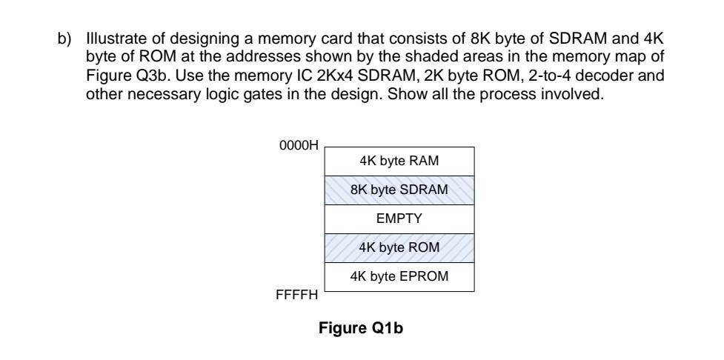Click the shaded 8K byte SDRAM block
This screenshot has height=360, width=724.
point(399,190)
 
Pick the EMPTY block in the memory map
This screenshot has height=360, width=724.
point(399,219)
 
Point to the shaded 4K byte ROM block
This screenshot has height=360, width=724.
point(399,247)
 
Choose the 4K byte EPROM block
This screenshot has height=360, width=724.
point(399,276)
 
